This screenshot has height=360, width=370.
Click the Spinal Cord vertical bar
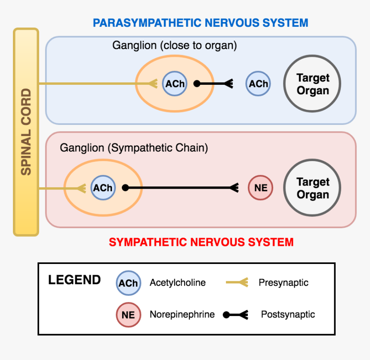(x=26, y=132)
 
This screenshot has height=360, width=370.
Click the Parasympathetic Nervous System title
(x=200, y=23)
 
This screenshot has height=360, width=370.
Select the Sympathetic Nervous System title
(x=201, y=242)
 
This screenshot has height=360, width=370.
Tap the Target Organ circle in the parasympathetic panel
(x=312, y=84)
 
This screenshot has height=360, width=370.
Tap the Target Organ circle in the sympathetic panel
(x=312, y=188)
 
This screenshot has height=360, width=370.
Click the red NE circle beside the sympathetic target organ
(x=261, y=188)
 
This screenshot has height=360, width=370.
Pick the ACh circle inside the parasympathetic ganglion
(x=175, y=84)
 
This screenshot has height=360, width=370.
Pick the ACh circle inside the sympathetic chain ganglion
(x=103, y=188)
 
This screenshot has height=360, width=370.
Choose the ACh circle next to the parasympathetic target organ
(x=258, y=84)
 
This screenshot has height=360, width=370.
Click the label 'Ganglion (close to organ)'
(x=175, y=45)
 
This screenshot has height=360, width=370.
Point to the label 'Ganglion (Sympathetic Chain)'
(x=134, y=148)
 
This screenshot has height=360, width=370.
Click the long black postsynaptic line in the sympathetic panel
(x=181, y=188)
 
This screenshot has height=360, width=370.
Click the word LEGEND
(x=74, y=280)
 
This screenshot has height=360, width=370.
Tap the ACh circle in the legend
(x=128, y=283)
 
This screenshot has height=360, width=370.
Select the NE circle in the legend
(x=128, y=315)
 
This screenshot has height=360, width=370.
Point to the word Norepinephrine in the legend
(x=182, y=315)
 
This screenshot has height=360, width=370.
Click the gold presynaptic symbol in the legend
(x=237, y=283)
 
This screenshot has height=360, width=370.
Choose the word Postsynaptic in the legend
(x=288, y=315)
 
